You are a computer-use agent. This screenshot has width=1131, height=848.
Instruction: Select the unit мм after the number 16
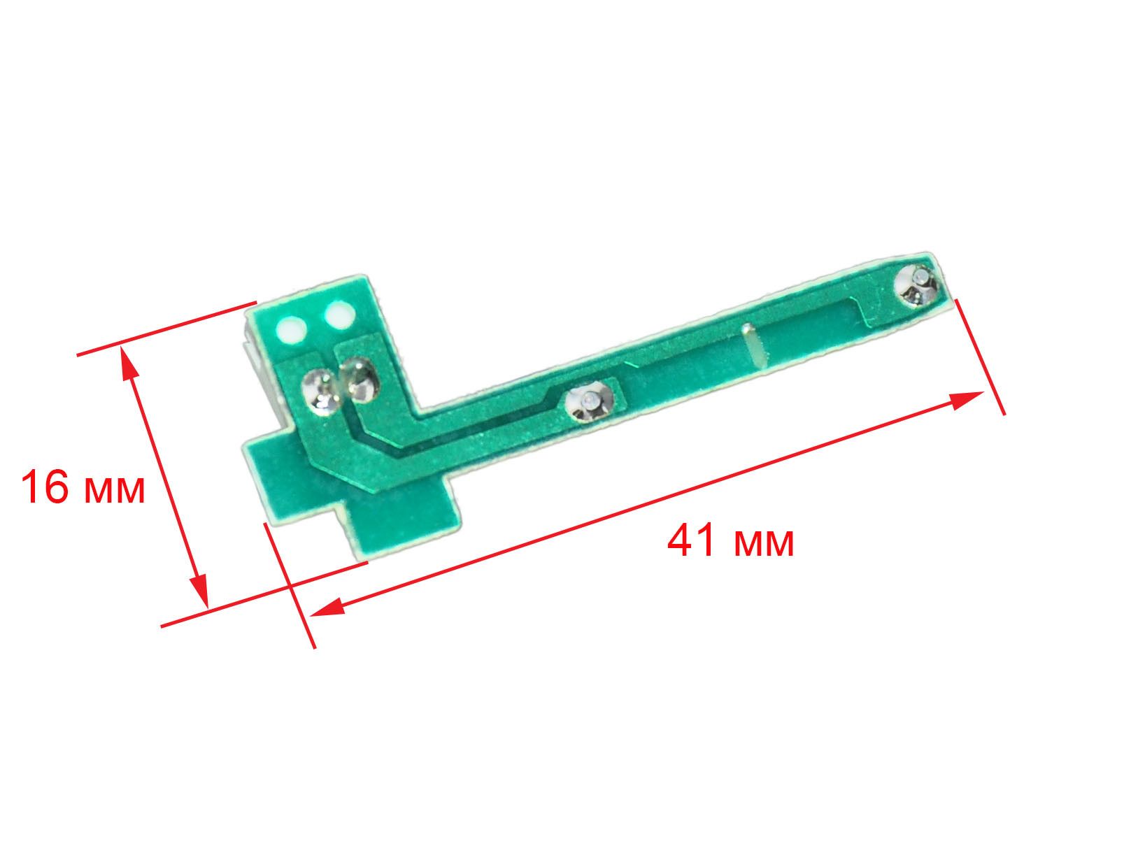tap(114, 491)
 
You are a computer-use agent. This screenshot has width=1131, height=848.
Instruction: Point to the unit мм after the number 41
tap(763, 544)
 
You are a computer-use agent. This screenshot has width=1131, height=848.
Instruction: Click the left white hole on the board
tap(292, 329)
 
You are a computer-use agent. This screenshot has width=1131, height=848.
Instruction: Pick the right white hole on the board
tap(339, 314)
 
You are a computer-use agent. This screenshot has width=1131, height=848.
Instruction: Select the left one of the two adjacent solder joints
tap(320, 391)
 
